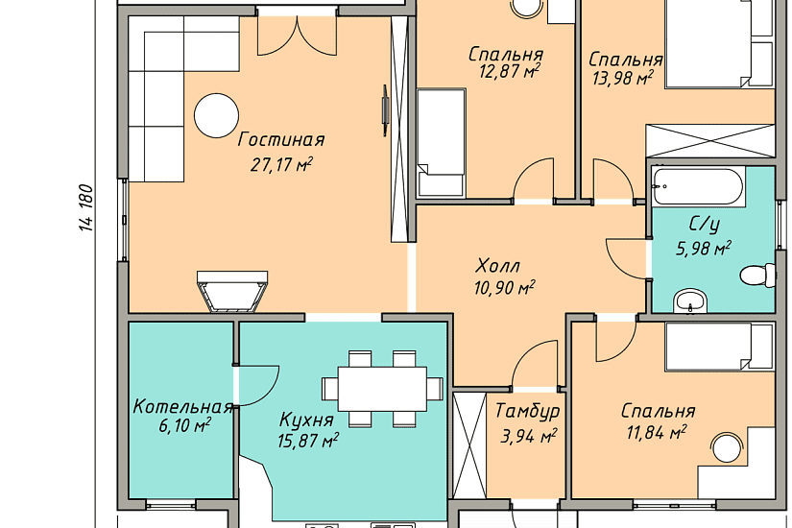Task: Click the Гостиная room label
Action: [x=281, y=140]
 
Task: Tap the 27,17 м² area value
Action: [x=281, y=165]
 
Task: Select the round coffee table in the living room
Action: [x=216, y=115]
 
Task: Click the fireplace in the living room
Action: [x=232, y=292]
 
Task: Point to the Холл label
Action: [x=498, y=266]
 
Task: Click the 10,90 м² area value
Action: [x=504, y=288]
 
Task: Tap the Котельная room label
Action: [x=182, y=407]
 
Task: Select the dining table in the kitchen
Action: [x=382, y=388]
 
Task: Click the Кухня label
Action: [x=306, y=420]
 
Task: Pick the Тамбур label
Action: [x=528, y=411]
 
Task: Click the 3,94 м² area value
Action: [x=529, y=436]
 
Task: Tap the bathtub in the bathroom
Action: [x=699, y=186]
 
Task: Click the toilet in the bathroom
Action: [x=758, y=275]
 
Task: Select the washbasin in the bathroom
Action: [x=690, y=301]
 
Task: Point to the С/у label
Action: [x=704, y=225]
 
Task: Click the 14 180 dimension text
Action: [x=86, y=207]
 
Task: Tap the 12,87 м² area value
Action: [x=509, y=72]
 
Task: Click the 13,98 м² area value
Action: [x=623, y=79]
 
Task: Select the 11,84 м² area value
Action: [x=656, y=433]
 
